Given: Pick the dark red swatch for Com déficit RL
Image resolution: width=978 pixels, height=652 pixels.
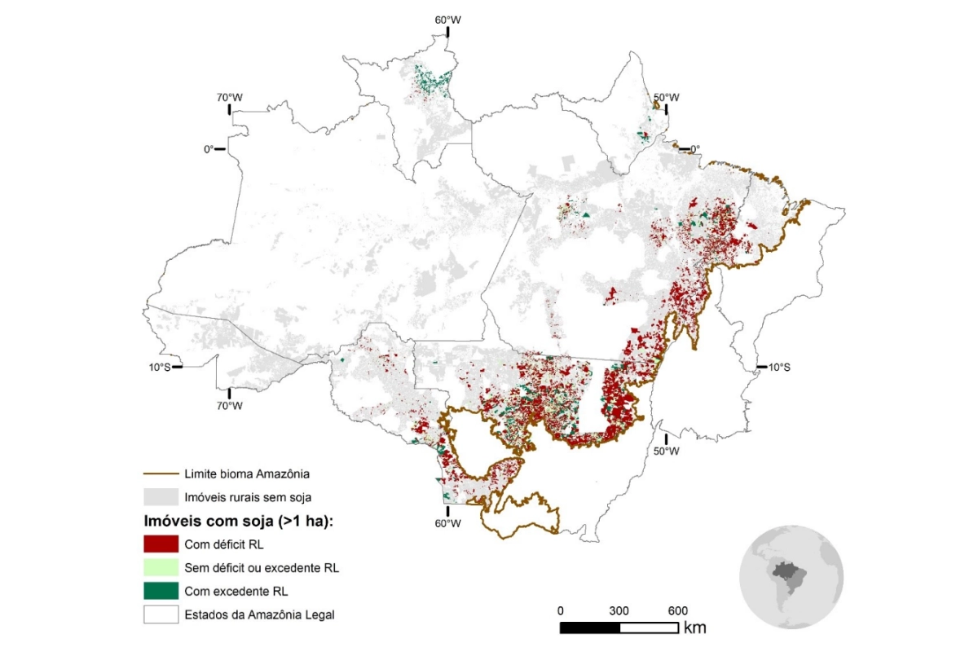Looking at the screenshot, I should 161,544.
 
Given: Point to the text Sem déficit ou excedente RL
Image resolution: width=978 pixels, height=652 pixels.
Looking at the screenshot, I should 262,568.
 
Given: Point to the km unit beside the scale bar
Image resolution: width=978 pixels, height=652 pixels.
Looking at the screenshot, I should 695,628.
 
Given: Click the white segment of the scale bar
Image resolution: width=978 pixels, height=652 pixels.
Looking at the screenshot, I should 649,628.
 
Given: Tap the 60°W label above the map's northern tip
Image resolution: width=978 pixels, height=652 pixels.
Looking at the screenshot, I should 447,19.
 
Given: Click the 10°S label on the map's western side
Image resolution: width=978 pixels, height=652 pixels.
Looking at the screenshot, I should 160,367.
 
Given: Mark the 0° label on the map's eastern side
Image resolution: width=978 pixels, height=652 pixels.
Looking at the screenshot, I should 694,149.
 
